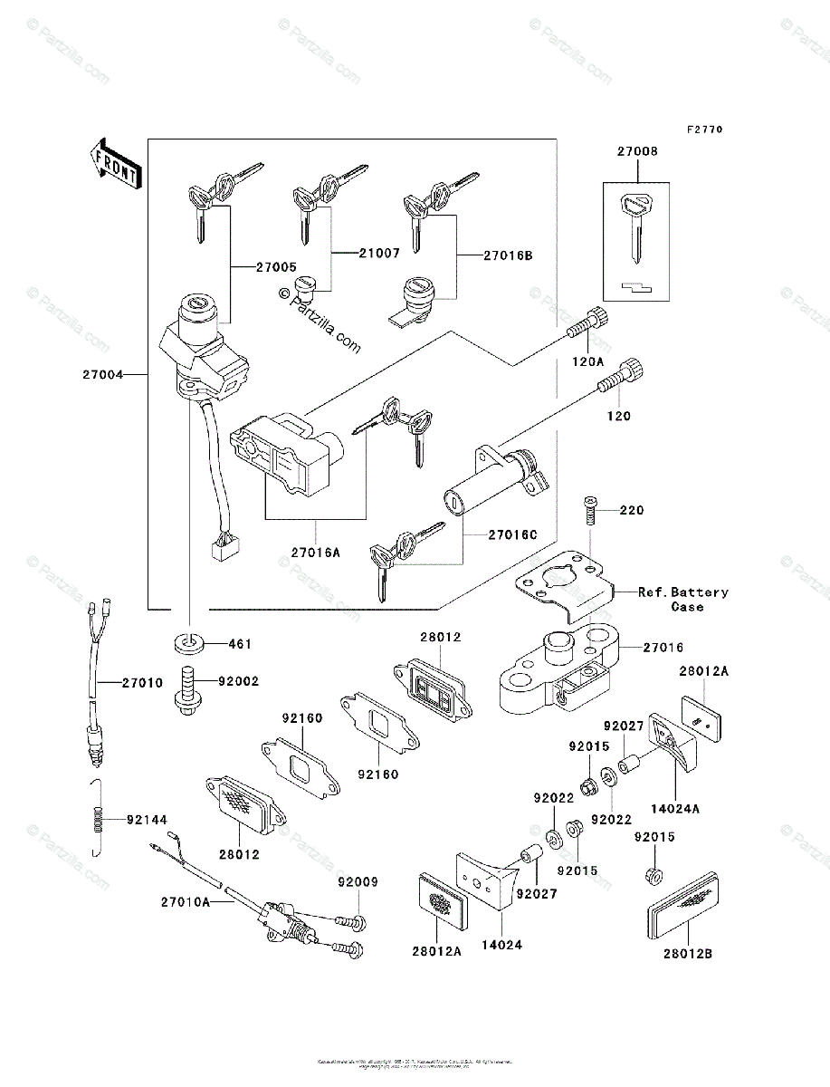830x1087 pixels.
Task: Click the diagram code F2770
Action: click(x=703, y=130)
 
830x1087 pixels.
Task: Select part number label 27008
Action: click(x=638, y=152)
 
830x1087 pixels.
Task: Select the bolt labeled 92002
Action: click(x=188, y=691)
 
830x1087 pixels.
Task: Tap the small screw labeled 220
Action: click(x=591, y=511)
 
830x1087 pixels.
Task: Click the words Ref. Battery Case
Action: click(x=682, y=599)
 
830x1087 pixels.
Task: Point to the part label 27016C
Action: click(x=512, y=535)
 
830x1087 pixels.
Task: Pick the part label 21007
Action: click(x=378, y=254)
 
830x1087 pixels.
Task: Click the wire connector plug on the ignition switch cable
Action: click(x=222, y=546)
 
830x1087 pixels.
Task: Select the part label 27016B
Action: click(x=508, y=255)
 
